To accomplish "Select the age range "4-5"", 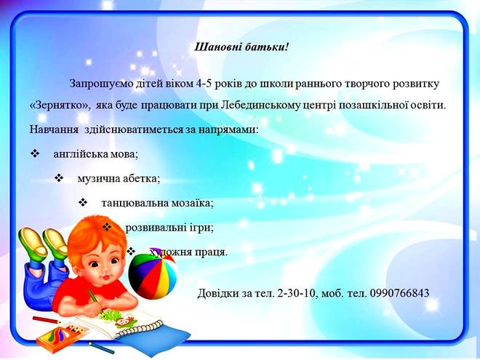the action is tap(203, 84).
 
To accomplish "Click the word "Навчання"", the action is tap(54, 129).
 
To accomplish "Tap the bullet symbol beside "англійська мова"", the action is tap(35, 153).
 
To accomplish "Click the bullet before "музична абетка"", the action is tap(59, 177).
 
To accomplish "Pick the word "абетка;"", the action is tap(142, 178).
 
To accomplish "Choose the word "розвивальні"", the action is tap(156, 228).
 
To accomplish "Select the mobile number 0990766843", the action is tap(399, 293).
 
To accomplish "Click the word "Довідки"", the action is tap(218, 294).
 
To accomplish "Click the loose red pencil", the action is tap(47, 320).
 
